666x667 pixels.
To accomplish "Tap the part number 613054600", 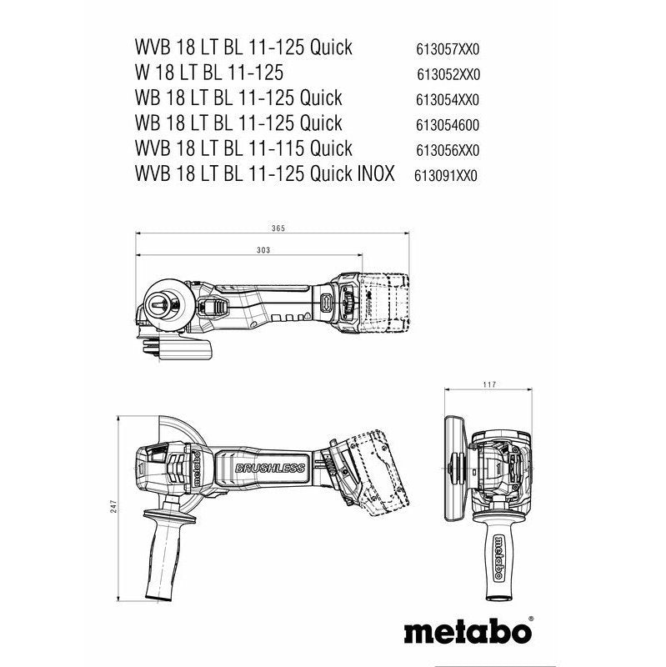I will pyautogui.click(x=448, y=124).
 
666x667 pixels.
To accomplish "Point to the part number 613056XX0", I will pyautogui.click(x=448, y=150).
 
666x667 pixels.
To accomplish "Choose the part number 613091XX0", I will pyautogui.click(x=448, y=175).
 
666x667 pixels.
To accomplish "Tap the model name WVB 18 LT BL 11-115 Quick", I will pyautogui.click(x=232, y=148).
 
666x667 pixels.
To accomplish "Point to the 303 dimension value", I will pyautogui.click(x=263, y=249).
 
